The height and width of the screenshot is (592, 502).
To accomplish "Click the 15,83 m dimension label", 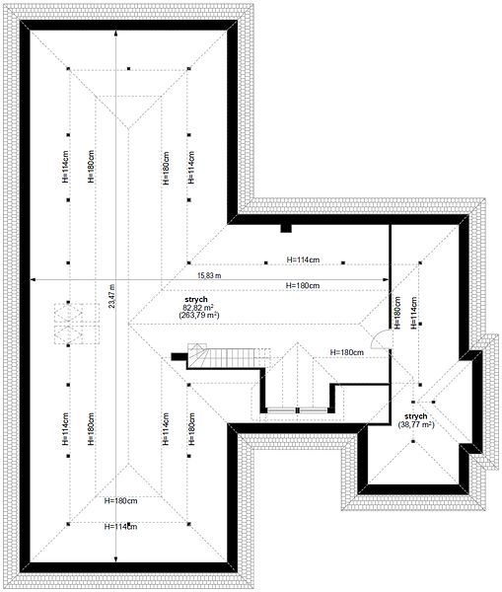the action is [x=209, y=275].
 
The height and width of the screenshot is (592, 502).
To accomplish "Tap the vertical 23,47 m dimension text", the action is [x=111, y=296].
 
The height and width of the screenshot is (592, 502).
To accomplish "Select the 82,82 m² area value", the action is [x=198, y=307].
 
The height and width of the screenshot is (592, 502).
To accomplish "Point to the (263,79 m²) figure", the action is [x=199, y=315].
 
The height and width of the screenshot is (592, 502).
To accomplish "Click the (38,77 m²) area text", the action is [x=416, y=424].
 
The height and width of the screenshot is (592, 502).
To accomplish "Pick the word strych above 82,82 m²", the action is [x=196, y=299].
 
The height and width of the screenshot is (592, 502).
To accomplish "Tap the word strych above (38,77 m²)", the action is [x=416, y=416].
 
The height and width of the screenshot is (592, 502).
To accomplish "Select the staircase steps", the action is [x=230, y=357].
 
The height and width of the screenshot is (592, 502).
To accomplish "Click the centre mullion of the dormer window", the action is [x=298, y=410].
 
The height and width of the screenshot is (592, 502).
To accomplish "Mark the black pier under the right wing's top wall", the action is [x=286, y=228].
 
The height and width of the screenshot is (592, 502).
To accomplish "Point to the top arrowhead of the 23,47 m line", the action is [x=115, y=34].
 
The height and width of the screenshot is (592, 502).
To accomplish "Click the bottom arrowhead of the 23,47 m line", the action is [x=115, y=559].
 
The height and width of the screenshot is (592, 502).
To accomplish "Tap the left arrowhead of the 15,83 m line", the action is [x=34, y=280].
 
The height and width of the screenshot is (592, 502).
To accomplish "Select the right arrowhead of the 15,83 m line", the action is [x=386, y=280].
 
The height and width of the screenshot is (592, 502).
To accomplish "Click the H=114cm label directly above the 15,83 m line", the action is [x=303, y=259].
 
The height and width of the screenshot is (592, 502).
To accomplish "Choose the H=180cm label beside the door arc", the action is [x=347, y=352].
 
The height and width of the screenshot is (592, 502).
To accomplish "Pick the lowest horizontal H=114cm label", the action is [x=120, y=526].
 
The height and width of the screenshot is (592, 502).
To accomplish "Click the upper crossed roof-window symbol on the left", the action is [x=68, y=313].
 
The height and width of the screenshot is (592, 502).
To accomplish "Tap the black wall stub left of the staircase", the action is [x=179, y=357].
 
